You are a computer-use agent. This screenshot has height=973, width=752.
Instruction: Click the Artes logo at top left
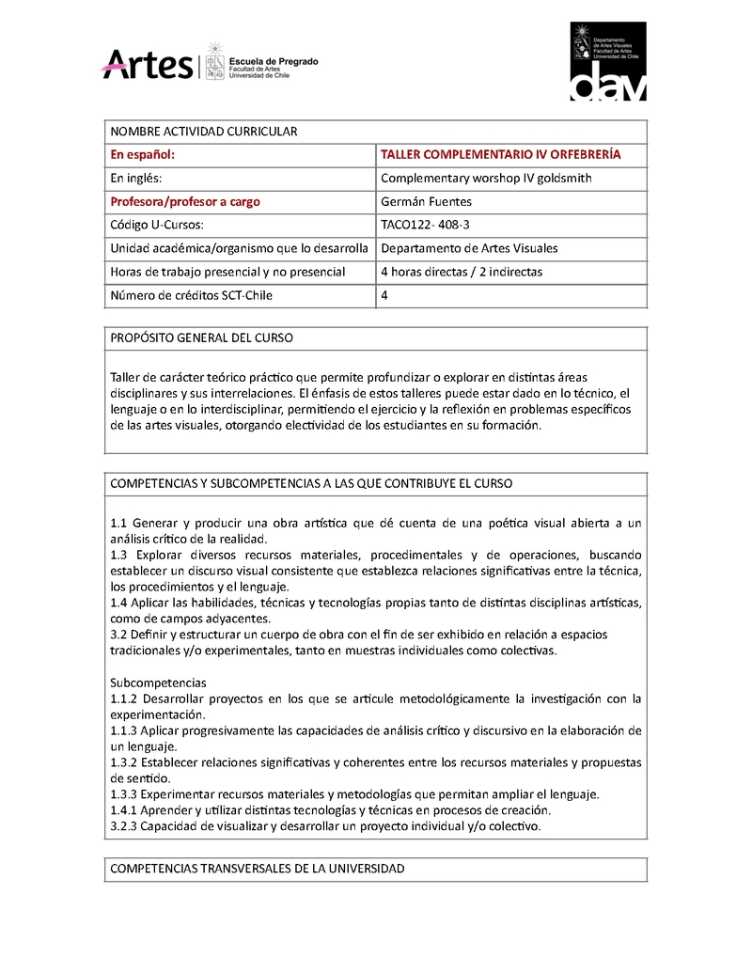click(x=146, y=65)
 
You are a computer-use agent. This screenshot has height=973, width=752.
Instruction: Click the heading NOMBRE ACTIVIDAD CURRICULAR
click(x=204, y=131)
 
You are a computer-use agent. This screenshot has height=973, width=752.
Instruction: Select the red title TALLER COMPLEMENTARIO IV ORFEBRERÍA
click(x=500, y=154)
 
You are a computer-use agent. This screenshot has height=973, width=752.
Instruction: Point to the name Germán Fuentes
click(x=425, y=201)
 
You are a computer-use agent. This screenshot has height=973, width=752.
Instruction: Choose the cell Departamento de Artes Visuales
click(x=469, y=248)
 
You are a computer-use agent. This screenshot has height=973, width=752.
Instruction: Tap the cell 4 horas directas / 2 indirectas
click(x=461, y=272)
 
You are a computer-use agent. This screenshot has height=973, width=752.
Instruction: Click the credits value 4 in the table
click(x=384, y=295)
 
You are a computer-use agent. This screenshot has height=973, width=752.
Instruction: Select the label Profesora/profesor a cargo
click(x=185, y=201)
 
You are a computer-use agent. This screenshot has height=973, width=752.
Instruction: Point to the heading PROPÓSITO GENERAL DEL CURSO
click(x=201, y=337)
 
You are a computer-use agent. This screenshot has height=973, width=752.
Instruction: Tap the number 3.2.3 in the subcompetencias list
click(x=125, y=826)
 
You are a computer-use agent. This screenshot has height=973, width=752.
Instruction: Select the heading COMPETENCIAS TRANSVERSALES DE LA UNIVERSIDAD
click(x=258, y=869)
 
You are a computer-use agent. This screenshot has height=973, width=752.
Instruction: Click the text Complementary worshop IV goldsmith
click(x=485, y=178)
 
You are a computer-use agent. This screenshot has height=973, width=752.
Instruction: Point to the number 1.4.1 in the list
click(x=125, y=809)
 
